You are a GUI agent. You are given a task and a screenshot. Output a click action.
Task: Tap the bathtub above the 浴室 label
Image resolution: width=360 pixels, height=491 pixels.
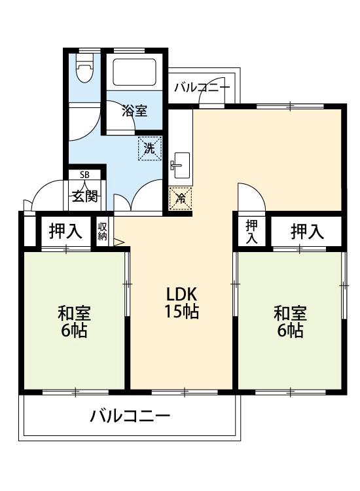click(134, 75)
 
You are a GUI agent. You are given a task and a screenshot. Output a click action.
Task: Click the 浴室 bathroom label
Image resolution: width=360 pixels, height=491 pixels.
click(134, 111)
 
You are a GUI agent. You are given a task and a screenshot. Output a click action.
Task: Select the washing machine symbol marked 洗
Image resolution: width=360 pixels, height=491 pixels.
click(149, 149)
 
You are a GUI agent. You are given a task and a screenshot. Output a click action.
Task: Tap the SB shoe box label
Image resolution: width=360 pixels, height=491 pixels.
click(84, 175)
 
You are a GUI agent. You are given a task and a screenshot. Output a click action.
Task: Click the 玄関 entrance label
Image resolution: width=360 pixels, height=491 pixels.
click(84, 195)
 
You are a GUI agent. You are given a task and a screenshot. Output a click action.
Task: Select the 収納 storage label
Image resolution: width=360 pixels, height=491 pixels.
click(103, 231)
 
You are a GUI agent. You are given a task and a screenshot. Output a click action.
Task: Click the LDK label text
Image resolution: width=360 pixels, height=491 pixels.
click(181, 293)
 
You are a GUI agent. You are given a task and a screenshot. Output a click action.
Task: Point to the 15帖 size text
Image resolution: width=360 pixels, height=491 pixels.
click(181, 312)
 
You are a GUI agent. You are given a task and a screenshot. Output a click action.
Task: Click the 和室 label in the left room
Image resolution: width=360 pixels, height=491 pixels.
click(73, 313)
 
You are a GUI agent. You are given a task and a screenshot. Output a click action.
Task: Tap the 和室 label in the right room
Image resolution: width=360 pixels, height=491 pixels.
click(289, 313)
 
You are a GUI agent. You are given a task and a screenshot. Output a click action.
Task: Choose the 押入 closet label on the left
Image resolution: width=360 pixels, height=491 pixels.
click(65, 231)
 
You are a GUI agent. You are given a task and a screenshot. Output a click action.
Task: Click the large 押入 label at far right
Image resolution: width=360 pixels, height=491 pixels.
click(307, 231)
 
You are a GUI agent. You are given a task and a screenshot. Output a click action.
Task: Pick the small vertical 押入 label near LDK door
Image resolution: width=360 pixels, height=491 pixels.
click(251, 231)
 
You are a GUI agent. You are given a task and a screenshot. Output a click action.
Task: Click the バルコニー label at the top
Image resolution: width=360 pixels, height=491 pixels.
click(202, 86)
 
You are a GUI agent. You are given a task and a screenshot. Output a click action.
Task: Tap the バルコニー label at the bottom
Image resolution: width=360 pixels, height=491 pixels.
click(130, 416)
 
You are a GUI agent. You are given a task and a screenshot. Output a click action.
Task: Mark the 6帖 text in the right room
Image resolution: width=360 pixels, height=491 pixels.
click(289, 331)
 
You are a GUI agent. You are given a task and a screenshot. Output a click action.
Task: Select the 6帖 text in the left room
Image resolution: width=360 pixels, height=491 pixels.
click(73, 331)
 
